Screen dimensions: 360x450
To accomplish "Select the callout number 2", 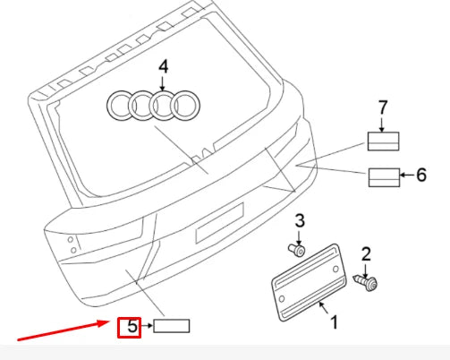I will (x=366, y=254).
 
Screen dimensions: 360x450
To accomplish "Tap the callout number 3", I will (x=301, y=221).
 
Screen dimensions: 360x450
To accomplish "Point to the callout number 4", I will (x=163, y=66).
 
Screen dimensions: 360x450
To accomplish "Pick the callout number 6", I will (x=420, y=175).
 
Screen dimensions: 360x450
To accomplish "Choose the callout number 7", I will (x=383, y=107).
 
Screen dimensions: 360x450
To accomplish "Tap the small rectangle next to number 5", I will (x=171, y=326).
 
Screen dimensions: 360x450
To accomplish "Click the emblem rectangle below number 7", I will (x=383, y=141).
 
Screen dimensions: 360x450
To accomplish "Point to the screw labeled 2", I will (x=367, y=282).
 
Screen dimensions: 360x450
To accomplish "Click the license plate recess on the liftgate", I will (x=219, y=222).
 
